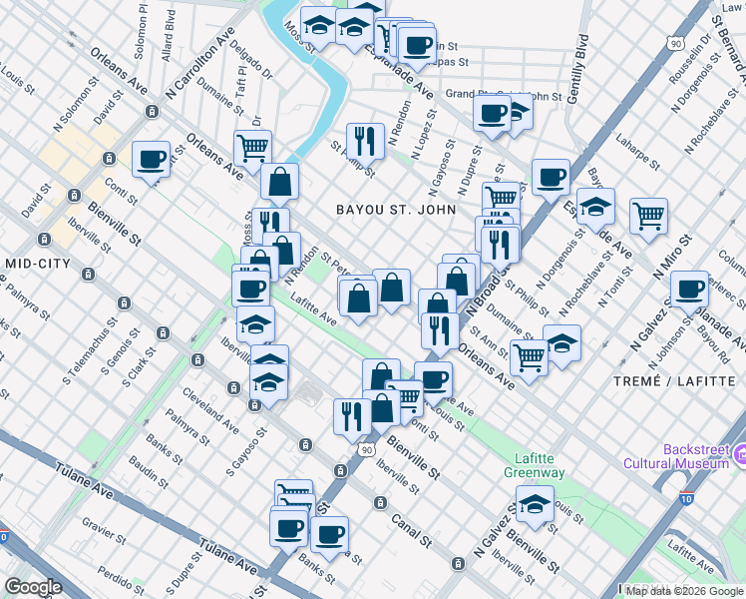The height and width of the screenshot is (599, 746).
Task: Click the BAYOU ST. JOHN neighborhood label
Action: pos(396,210)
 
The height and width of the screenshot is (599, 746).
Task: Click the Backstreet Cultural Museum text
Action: pos(675,456)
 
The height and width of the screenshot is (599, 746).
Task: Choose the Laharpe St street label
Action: pos(639,140)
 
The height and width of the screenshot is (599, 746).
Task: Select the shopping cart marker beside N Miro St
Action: pos(648,214)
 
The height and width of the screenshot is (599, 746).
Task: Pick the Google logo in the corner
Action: pos(33,587)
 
